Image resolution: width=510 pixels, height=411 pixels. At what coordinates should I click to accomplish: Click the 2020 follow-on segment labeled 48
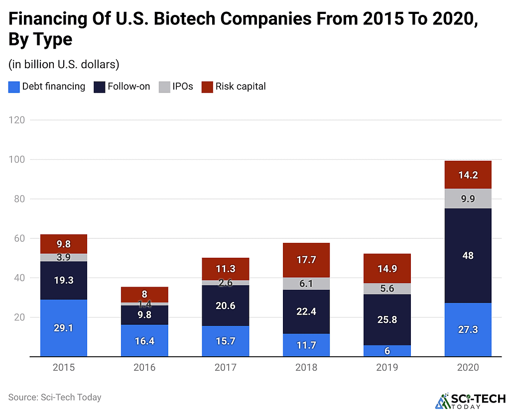[x=468, y=256]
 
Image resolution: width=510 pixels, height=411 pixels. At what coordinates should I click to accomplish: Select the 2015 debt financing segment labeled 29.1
[x=64, y=328]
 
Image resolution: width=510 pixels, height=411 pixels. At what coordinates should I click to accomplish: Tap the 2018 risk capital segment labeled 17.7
[x=306, y=260]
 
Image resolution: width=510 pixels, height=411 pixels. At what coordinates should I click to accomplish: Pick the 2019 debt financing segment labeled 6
[x=387, y=351]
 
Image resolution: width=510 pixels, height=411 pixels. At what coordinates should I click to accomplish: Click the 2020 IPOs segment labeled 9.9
[x=468, y=199]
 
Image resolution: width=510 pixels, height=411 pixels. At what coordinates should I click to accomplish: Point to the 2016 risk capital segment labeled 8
[x=144, y=294]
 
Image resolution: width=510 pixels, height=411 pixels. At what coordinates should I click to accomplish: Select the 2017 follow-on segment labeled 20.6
[x=225, y=306]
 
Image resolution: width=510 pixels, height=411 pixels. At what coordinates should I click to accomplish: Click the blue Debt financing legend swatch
[x=14, y=87]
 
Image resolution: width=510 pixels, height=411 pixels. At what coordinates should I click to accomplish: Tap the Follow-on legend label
[x=129, y=87]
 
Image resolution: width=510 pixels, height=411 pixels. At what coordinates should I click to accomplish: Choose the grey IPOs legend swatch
[x=164, y=87]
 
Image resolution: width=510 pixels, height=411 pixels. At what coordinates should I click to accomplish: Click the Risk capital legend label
[x=240, y=87]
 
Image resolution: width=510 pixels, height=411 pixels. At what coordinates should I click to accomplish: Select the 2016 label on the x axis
[x=144, y=368]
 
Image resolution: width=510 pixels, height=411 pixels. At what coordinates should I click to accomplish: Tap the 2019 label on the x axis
[x=387, y=368]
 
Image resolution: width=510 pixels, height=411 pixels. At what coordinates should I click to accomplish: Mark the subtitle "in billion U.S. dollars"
[x=63, y=65]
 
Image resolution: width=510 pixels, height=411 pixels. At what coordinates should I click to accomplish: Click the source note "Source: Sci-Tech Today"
[x=55, y=397]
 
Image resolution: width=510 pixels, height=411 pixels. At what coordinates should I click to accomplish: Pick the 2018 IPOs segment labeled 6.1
[x=306, y=283]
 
